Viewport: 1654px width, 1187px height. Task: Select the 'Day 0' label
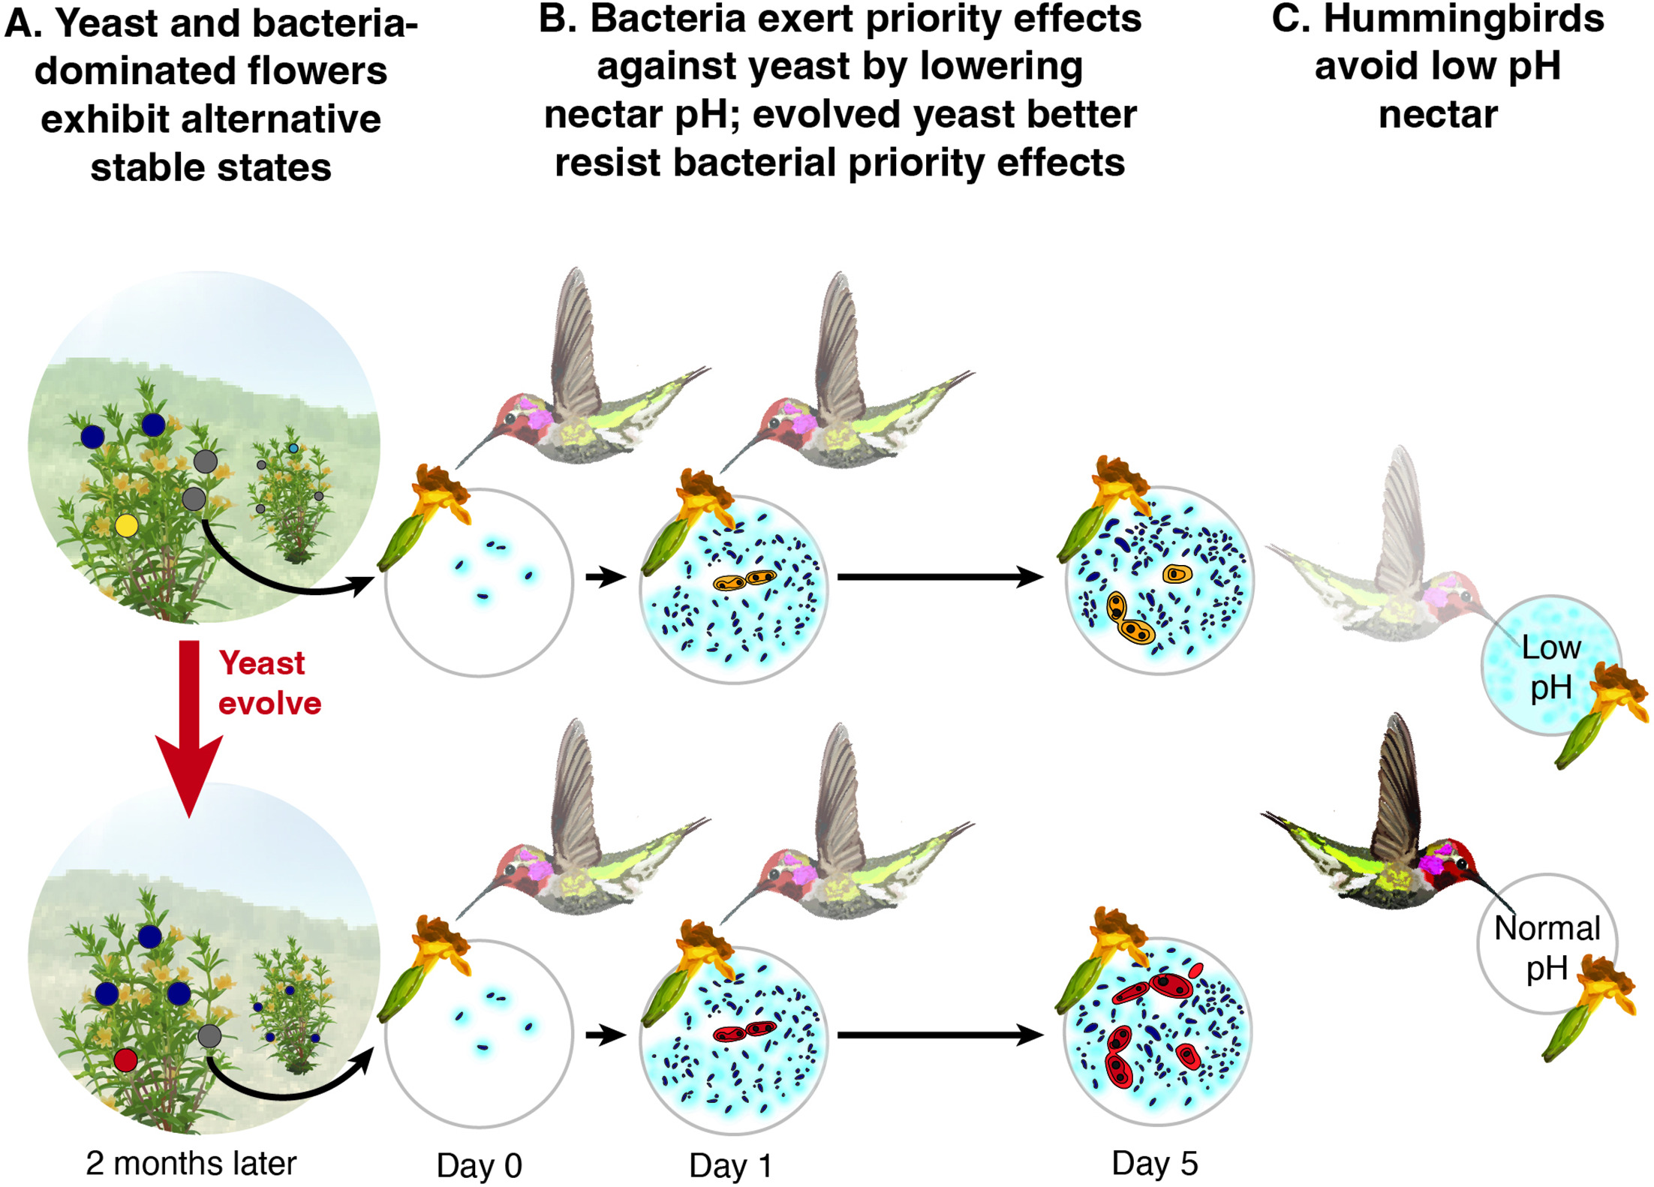[x=479, y=1166]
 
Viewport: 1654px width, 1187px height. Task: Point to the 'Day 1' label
[x=730, y=1166]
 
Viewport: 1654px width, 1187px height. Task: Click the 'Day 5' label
[x=1154, y=1163]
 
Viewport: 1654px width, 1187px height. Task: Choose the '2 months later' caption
[x=191, y=1163]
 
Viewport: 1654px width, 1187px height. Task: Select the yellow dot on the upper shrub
[x=126, y=525]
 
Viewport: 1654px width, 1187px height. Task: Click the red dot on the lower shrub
[x=125, y=1060]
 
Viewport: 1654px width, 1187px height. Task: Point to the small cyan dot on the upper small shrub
[x=293, y=449]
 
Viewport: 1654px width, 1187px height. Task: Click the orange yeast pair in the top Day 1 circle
[x=744, y=580]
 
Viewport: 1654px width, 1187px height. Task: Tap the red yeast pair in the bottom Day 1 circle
[x=744, y=1032]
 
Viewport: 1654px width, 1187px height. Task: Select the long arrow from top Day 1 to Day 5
[x=938, y=577]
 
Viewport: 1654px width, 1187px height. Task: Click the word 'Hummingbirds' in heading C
[x=1463, y=19]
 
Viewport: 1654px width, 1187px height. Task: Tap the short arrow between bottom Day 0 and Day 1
[x=605, y=1035]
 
